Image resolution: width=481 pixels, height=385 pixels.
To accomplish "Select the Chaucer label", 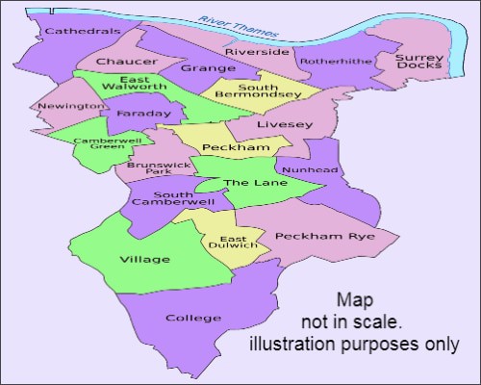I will click(x=119, y=62).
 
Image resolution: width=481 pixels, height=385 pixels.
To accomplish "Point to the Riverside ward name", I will click(x=257, y=51).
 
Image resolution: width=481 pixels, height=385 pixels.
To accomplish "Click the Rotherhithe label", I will click(x=329, y=62).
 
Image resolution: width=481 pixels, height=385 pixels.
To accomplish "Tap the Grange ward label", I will click(x=208, y=68).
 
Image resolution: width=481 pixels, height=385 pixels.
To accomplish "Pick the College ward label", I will click(x=187, y=318).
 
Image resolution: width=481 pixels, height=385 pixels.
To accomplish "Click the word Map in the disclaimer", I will click(x=353, y=299).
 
